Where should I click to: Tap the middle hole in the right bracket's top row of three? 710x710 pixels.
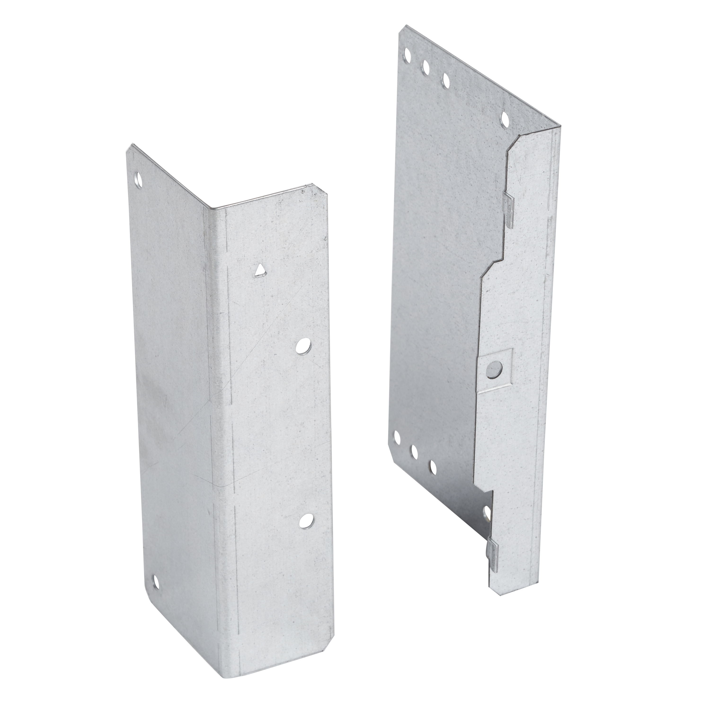tap(427, 68)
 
